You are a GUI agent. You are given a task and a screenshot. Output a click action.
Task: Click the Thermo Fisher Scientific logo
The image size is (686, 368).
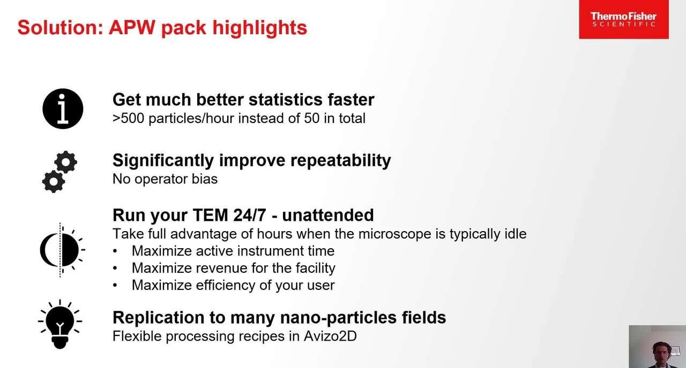(623, 19)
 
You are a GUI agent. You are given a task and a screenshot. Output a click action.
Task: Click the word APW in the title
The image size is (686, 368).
(132, 27)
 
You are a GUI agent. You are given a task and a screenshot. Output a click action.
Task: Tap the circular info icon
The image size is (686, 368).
(63, 109)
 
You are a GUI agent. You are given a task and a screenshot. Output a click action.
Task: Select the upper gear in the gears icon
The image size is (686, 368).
(66, 162)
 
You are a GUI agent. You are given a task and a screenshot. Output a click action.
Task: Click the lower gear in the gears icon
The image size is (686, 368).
(54, 181)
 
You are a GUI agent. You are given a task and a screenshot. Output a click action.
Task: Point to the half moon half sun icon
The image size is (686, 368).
(62, 250)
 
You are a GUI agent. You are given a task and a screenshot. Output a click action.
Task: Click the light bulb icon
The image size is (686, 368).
(60, 324)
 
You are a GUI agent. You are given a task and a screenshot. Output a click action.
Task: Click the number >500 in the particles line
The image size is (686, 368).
(128, 118)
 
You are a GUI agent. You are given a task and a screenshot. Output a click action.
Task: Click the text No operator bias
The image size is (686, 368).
(165, 179)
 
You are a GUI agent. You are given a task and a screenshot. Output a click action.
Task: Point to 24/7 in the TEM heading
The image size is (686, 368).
(250, 215)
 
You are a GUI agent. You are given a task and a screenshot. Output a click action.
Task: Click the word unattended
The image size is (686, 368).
(328, 215)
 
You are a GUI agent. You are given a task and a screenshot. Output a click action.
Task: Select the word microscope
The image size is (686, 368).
(393, 234)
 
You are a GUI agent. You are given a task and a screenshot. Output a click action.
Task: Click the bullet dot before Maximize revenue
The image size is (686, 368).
(115, 269)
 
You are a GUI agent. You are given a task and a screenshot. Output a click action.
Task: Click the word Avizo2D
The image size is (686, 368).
(330, 336)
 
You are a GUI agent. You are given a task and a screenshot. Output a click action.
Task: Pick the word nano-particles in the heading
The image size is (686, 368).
(339, 318)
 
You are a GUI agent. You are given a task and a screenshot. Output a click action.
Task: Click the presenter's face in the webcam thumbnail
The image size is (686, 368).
(661, 355)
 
